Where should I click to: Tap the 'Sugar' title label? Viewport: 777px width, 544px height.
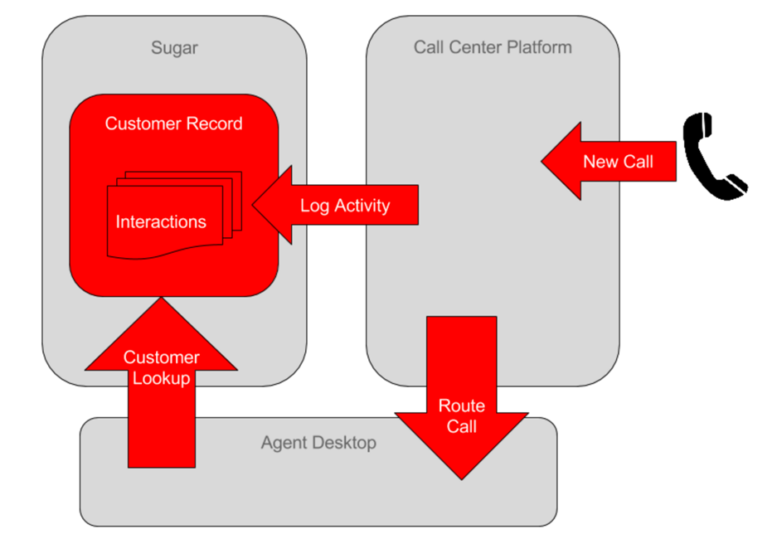pyautogui.click(x=174, y=47)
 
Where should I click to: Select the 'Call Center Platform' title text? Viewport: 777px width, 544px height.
pyautogui.click(x=493, y=46)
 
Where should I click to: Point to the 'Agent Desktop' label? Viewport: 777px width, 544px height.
pyautogui.click(x=318, y=443)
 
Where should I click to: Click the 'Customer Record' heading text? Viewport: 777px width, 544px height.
pyautogui.click(x=173, y=124)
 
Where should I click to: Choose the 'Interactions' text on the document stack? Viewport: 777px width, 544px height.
pyautogui.click(x=161, y=222)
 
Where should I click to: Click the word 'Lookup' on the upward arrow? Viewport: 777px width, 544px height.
pyautogui.click(x=162, y=379)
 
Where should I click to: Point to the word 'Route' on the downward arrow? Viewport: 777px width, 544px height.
pyautogui.click(x=462, y=406)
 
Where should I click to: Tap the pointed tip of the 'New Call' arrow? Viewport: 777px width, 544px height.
pyautogui.click(x=542, y=161)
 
